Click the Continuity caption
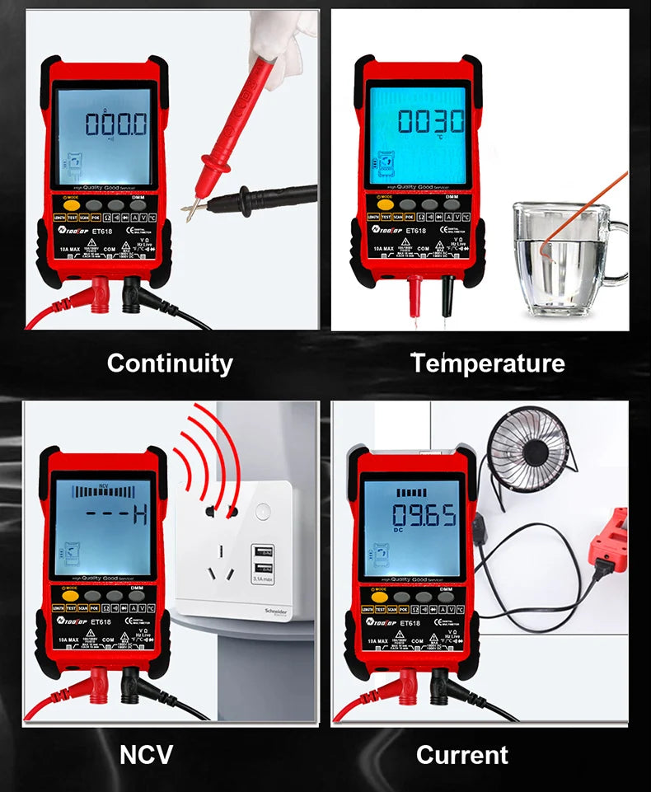170,363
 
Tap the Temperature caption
488,363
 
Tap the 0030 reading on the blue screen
431,121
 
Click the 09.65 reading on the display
423,517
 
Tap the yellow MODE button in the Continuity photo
71,204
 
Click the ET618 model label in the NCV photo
101,622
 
